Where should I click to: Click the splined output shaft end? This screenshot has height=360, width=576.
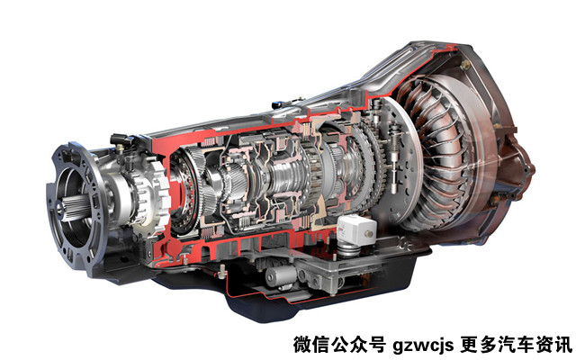[75, 208]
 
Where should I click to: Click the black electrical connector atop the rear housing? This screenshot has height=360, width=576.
[121, 140]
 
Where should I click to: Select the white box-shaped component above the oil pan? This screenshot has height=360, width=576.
[356, 229]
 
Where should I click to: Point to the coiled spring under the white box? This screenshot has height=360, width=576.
[348, 250]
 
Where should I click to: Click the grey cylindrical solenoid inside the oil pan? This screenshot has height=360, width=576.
[280, 274]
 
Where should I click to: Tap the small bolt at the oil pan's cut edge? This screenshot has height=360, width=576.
[221, 272]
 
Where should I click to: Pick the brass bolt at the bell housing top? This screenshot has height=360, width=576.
[465, 65]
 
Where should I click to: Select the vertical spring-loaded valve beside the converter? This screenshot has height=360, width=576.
[394, 158]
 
